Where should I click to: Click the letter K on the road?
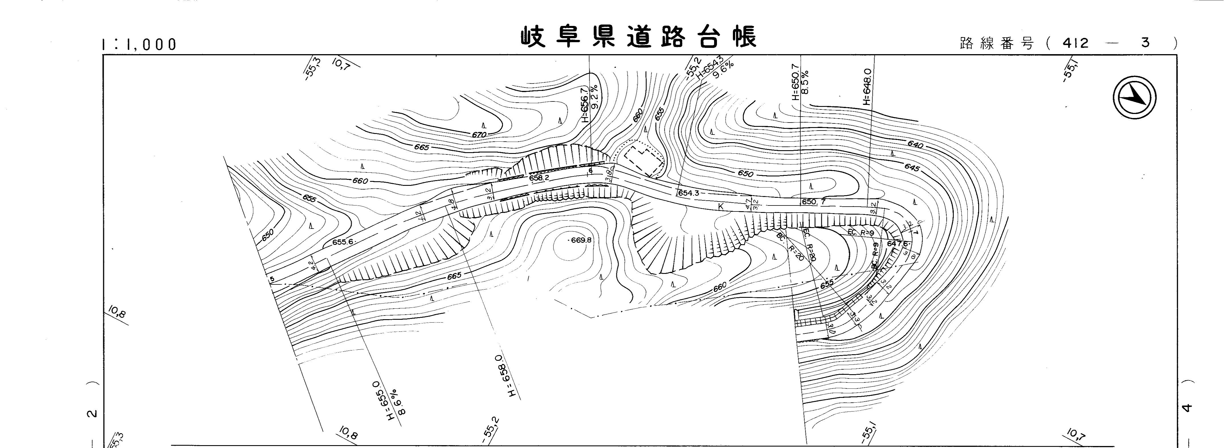[720, 206]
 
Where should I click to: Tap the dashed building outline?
[644, 161]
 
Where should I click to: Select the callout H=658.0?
[506, 376]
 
